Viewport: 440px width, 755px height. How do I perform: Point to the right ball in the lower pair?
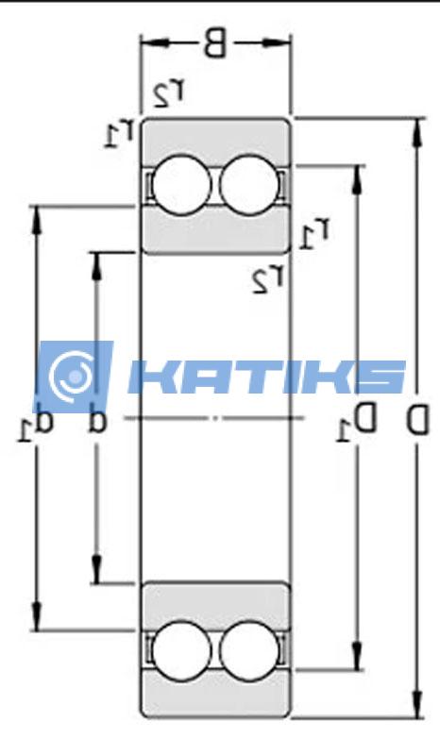247,649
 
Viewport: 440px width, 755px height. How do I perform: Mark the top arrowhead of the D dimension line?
416,126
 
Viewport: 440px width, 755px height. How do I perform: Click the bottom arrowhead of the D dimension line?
416,710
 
